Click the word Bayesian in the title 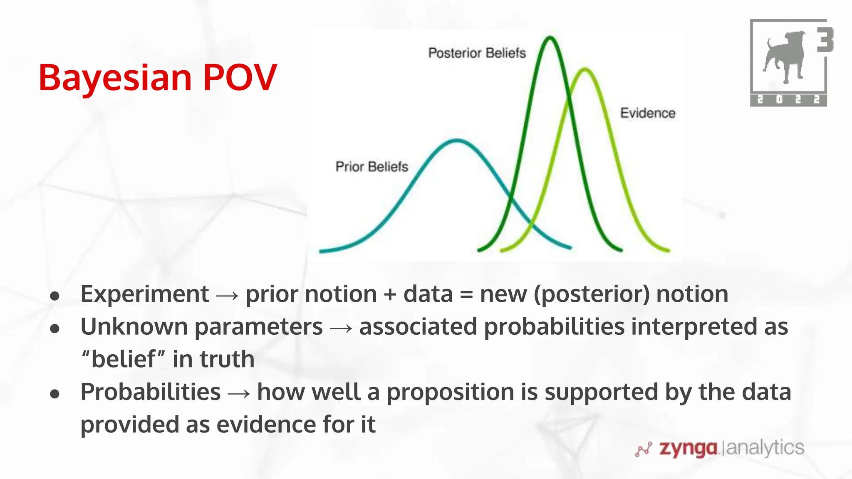click(115, 78)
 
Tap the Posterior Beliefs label click(477, 53)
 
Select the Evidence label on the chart click(647, 113)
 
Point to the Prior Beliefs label click(372, 167)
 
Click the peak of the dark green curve click(550, 38)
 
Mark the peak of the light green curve click(585, 69)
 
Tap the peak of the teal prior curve click(457, 141)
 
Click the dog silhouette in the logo click(784, 56)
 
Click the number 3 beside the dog click(825, 40)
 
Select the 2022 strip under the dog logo click(788, 100)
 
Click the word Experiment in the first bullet click(144, 294)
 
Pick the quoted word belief click(124, 359)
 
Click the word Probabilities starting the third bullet click(150, 392)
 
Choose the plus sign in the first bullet click(390, 295)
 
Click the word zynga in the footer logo click(688, 448)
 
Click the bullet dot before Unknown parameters click(54, 328)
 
